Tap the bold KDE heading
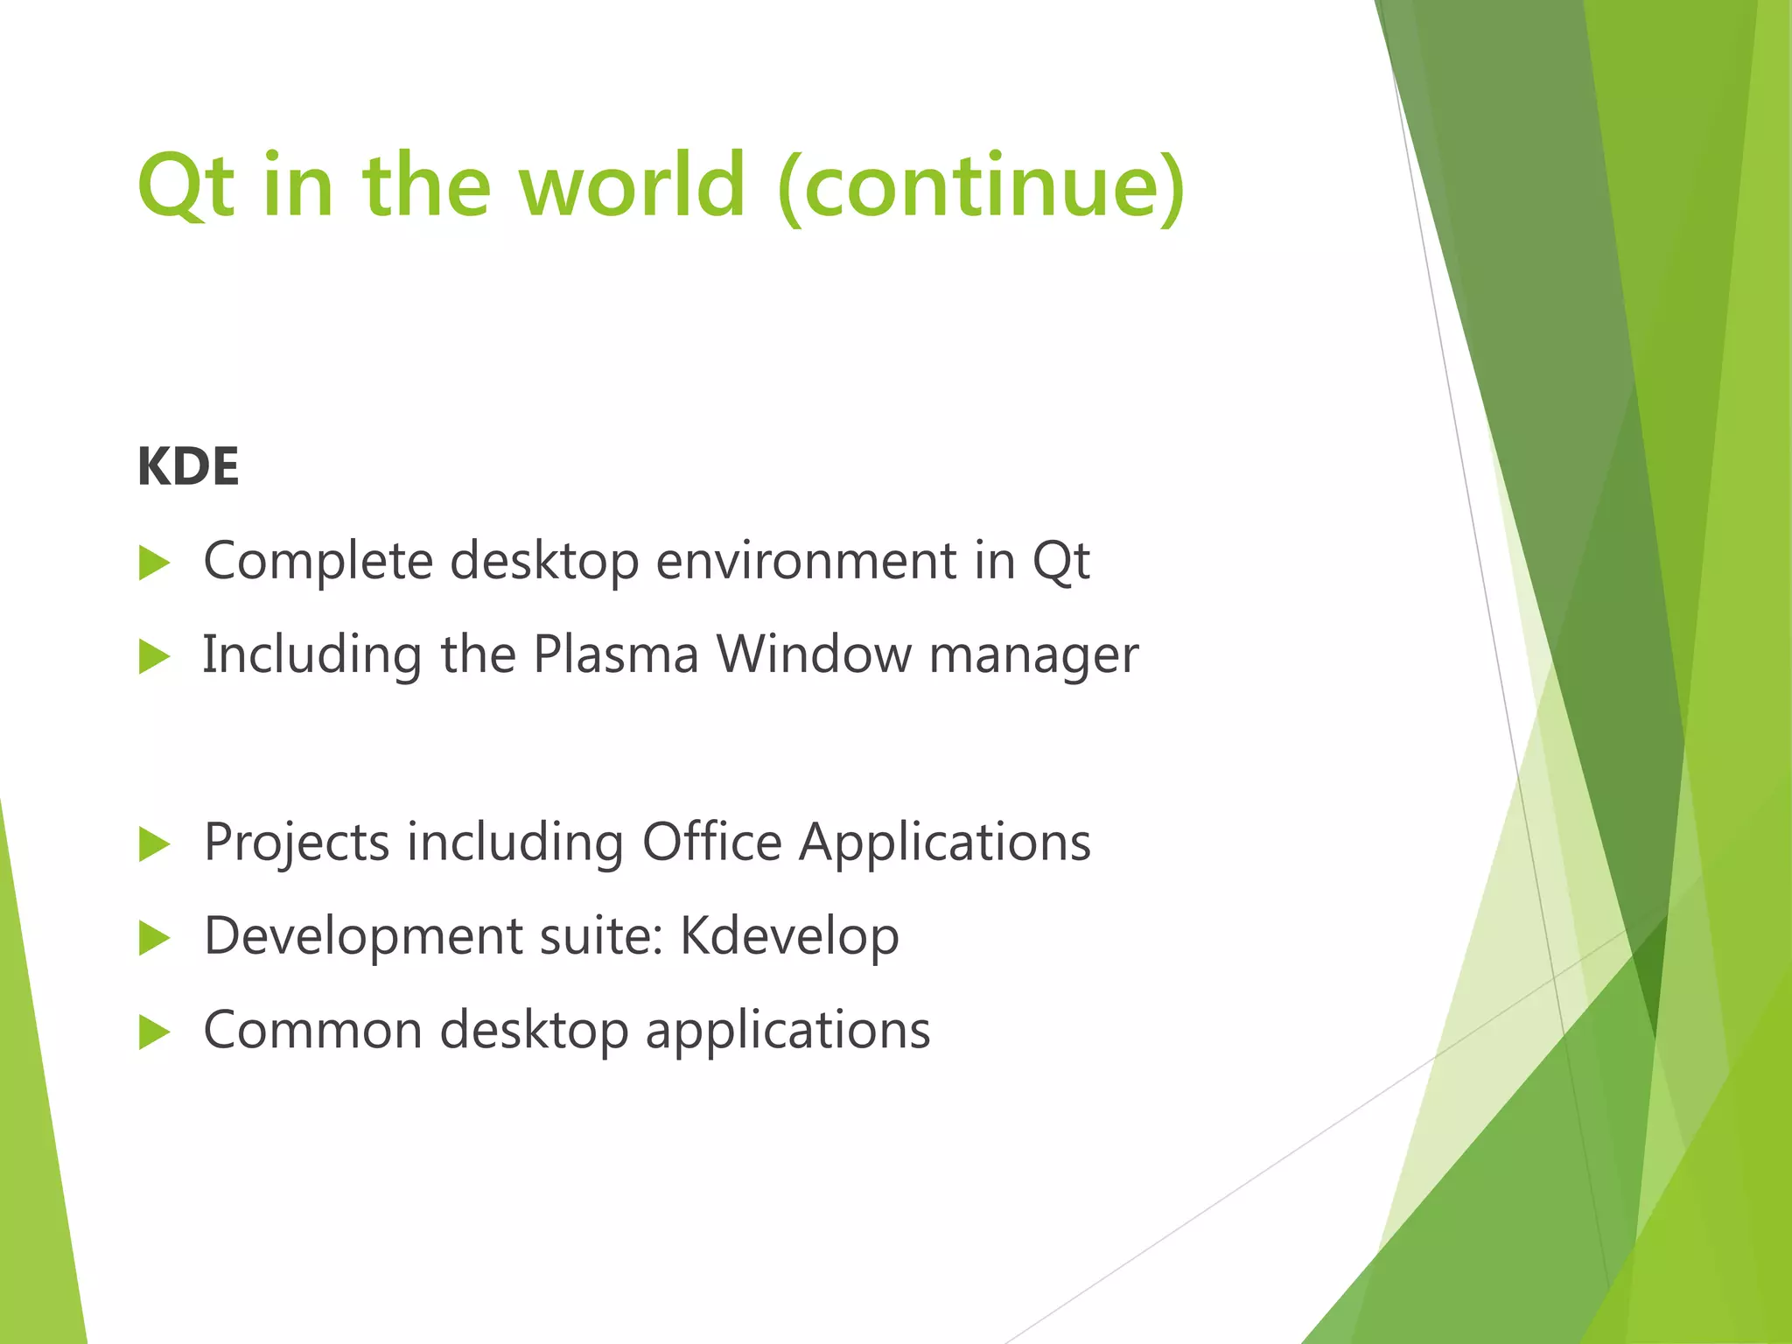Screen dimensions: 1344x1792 [x=188, y=466]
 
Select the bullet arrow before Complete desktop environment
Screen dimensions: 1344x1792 [x=154, y=563]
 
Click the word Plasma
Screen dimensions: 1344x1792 [x=616, y=654]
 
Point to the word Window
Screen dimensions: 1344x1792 [x=814, y=654]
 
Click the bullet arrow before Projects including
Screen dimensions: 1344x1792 [x=154, y=845]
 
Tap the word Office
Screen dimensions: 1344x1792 [x=711, y=843]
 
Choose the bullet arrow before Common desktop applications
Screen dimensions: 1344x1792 [x=154, y=1032]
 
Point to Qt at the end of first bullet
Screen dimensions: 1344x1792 [x=1061, y=562]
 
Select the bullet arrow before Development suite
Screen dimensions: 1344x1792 [x=154, y=939]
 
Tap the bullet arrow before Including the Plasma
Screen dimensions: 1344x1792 [x=154, y=657]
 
